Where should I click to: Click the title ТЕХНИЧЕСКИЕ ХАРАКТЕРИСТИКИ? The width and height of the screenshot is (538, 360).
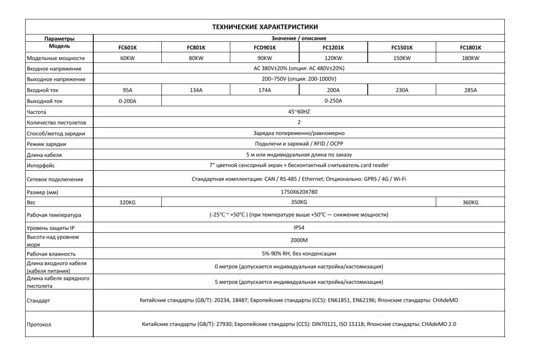pos(265,27)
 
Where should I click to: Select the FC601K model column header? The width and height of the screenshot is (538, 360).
pos(127,47)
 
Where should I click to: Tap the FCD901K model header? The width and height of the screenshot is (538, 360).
pos(265,47)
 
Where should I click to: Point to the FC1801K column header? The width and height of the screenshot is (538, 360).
pos(470,47)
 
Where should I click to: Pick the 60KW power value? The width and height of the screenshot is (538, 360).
pos(127,58)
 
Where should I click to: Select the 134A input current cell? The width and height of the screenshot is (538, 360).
pos(196,90)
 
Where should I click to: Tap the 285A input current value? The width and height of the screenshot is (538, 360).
pos(470,90)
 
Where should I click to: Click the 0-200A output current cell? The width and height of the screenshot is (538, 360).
pos(127,101)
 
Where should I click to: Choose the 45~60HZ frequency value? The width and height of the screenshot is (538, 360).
pos(299,112)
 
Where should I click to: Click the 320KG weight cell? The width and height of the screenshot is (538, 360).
pos(127,203)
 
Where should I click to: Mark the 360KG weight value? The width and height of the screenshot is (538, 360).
pos(470,203)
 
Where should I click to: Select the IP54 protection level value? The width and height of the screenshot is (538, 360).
pos(299,227)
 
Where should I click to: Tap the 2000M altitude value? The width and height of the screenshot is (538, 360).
pos(299,240)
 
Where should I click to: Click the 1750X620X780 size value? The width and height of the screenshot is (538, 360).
pos(299,192)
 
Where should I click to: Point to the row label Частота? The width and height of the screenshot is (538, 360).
pos(36,112)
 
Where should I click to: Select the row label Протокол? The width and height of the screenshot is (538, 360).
pos(39,324)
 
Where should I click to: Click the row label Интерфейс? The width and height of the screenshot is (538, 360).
pos(41,166)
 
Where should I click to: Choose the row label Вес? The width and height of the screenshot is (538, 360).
pos(31,203)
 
